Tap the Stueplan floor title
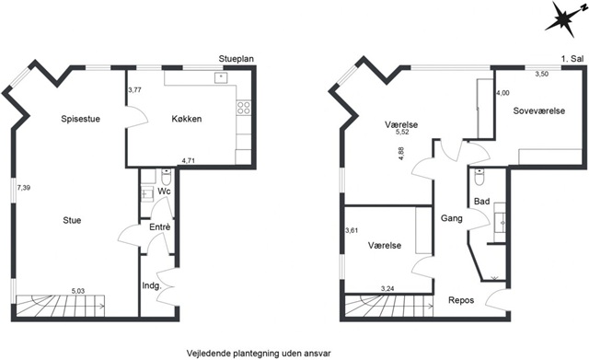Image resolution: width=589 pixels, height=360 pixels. click(237, 59)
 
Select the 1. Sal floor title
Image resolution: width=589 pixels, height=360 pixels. click(572, 59)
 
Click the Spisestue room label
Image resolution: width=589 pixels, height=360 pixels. click(81, 119)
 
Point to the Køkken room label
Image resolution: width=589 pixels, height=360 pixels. click(187, 119)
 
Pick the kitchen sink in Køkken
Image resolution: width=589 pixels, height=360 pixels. click(221, 77)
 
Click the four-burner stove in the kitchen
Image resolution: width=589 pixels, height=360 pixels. click(243, 108)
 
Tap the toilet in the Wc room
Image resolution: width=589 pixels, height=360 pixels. click(166, 177)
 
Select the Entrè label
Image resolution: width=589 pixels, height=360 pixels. click(159, 227)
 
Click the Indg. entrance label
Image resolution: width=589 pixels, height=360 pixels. click(152, 285)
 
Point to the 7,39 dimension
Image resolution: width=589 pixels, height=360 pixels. click(24, 188)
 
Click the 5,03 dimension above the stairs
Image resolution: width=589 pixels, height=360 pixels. click(78, 290)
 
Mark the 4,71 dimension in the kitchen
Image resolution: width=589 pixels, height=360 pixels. click(188, 161)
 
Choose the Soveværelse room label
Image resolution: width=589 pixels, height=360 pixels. click(539, 110)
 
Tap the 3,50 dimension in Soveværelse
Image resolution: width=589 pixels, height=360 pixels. click(542, 74)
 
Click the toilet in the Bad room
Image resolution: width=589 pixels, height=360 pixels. click(479, 177)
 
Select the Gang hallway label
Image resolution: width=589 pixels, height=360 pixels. click(452, 218)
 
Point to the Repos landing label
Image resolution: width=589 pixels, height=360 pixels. click(461, 300)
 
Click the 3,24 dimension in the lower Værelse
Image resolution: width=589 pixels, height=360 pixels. click(387, 289)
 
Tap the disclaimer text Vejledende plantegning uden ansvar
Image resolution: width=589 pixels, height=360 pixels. click(259, 354)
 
